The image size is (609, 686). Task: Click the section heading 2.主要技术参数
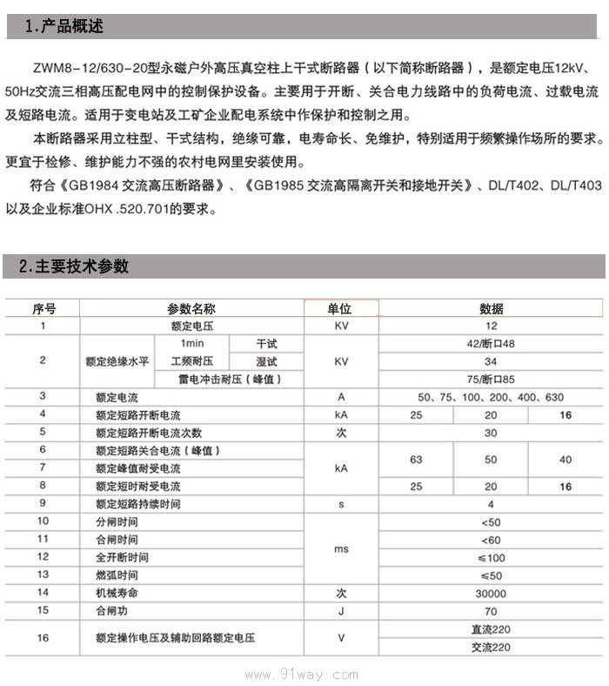click(73, 266)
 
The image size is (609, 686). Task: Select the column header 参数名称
click(191, 309)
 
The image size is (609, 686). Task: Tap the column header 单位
click(339, 309)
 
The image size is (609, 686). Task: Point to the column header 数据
click(491, 309)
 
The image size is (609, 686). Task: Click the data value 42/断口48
click(491, 343)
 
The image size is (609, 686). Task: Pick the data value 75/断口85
click(491, 379)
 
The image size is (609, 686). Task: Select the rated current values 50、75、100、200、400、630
click(491, 397)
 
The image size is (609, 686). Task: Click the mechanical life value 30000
click(491, 593)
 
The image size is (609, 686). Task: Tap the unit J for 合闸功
click(340, 611)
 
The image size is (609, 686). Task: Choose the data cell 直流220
click(491, 629)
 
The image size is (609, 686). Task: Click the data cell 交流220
click(491, 647)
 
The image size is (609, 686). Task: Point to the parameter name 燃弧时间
click(117, 575)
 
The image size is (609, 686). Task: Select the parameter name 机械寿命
click(117, 593)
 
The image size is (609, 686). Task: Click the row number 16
click(43, 638)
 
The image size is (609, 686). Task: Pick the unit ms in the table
click(340, 548)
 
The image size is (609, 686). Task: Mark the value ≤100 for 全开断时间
click(491, 557)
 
